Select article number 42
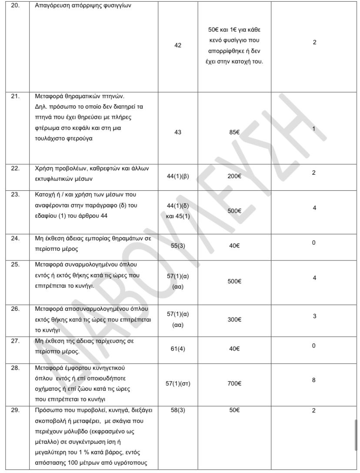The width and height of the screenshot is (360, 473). tap(178, 45)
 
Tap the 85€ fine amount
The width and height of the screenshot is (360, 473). tap(235, 132)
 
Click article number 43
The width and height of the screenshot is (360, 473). tap(178, 132)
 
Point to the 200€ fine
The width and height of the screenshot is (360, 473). tap(235, 176)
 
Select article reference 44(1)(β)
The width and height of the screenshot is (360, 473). tap(178, 176)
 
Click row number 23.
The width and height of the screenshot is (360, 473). tap(15, 194)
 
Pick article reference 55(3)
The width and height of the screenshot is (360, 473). tap(178, 245)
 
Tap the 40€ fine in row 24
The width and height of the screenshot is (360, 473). tap(235, 245)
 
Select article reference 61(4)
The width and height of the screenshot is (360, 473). tap(178, 349)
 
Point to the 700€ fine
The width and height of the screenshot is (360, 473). tap(235, 383)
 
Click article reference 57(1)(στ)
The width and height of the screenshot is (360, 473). tap(178, 383)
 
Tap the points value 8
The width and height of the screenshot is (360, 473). tap(314, 380)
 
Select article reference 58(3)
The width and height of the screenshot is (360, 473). tap(178, 410)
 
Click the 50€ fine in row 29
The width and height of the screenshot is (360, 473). tap(235, 410)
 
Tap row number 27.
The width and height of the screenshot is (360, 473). tap(15, 341)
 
